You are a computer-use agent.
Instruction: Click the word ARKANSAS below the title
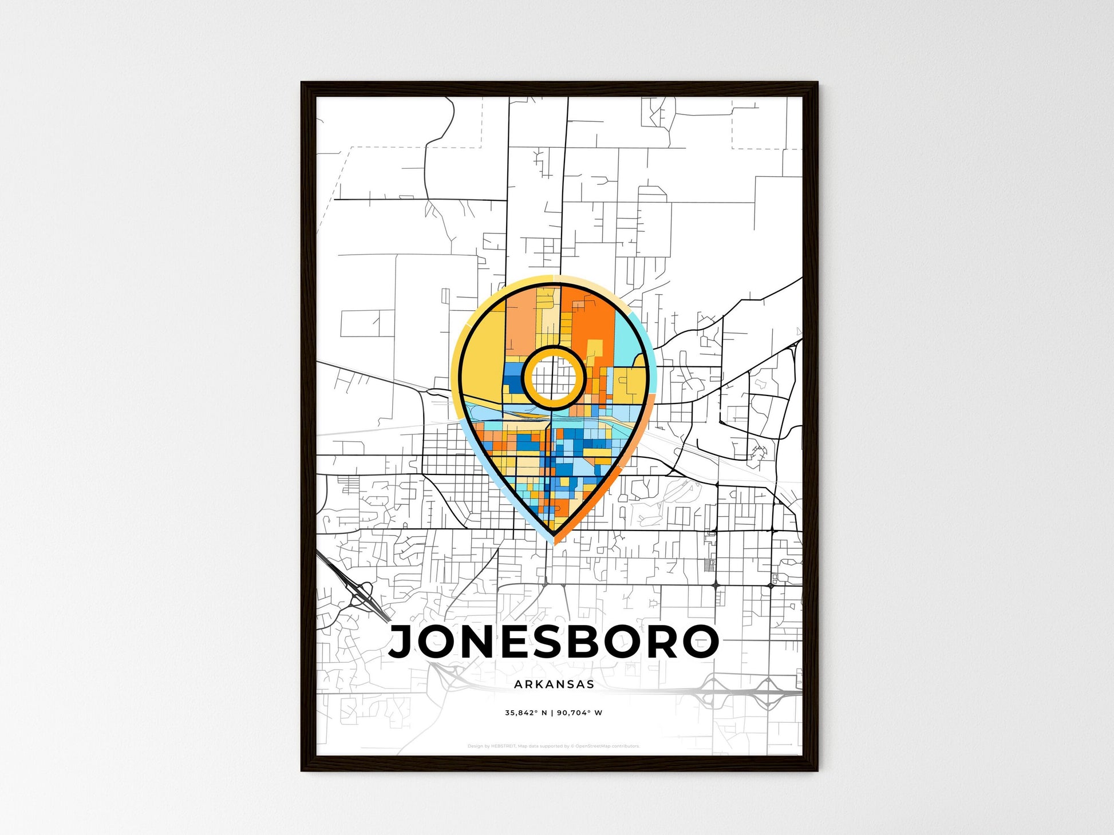(x=554, y=684)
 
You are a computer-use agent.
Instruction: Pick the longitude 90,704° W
(x=579, y=713)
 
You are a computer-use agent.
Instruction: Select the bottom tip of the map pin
(x=554, y=538)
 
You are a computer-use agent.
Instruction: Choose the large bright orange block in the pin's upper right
(x=590, y=320)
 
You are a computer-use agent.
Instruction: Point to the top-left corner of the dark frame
(x=303, y=84)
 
